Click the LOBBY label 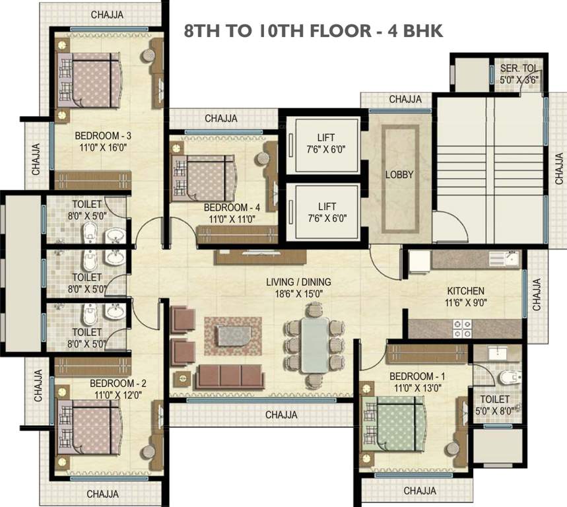(x=399, y=175)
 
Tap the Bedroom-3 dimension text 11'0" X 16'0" (x=103, y=147)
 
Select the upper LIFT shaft (x=327, y=144)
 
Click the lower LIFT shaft (x=327, y=212)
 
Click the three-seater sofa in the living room (x=230, y=377)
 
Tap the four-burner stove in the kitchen (x=463, y=329)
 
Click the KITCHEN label (x=466, y=291)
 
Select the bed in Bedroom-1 (x=393, y=424)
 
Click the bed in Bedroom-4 (x=203, y=178)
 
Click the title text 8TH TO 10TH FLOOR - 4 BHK (x=314, y=31)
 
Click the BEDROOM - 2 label (x=118, y=383)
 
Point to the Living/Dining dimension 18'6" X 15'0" (x=298, y=294)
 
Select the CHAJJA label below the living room (x=281, y=415)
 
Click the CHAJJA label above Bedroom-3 (x=107, y=15)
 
